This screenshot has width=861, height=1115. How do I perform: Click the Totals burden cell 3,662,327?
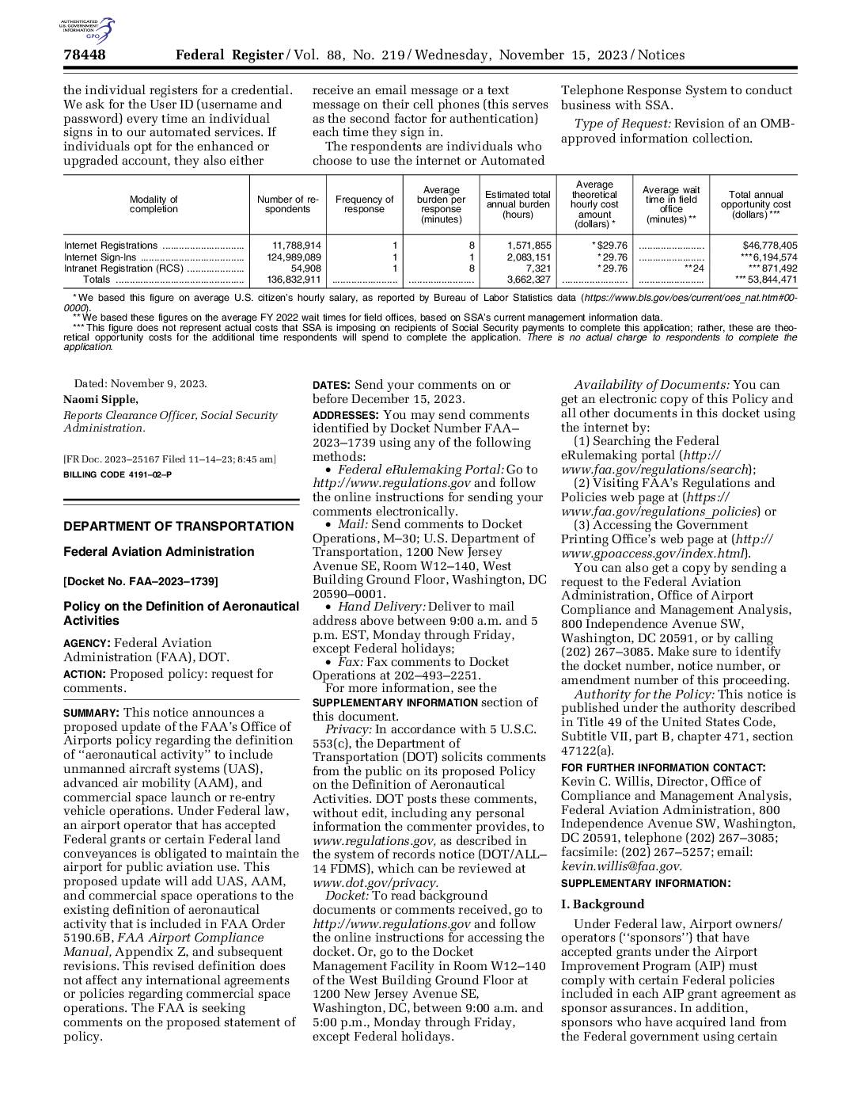point(529,280)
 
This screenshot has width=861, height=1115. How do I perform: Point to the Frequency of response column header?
point(364,204)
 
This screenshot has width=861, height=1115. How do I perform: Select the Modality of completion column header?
point(154,204)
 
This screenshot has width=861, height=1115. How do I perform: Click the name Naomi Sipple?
point(101,400)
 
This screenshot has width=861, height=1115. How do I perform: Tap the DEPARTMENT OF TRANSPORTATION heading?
point(178,527)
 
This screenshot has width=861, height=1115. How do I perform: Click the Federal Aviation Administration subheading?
point(159,552)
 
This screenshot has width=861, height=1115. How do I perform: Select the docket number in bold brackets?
point(141,581)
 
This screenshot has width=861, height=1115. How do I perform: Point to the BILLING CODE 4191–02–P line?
point(117,474)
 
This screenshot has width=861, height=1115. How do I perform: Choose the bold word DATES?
point(332,385)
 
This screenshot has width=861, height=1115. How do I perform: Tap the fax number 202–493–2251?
point(440,675)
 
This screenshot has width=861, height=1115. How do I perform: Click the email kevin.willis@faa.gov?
point(620,866)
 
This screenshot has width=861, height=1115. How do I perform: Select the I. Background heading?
point(603,904)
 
